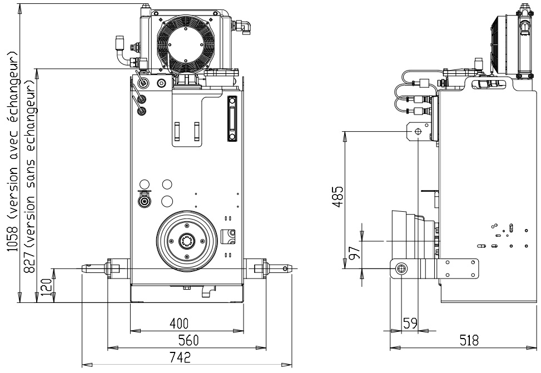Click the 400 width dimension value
click(x=179, y=324)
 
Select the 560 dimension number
click(x=187, y=340)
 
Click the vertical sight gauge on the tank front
click(x=232, y=119)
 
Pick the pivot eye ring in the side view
click(x=401, y=269)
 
